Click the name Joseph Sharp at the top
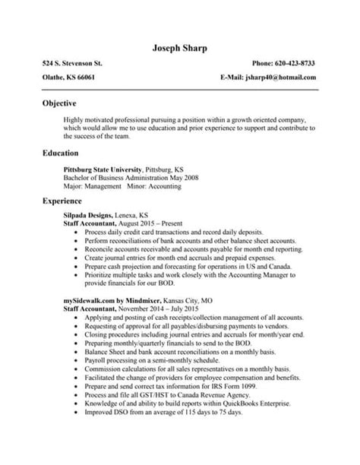point(179,49)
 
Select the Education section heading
point(63,153)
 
